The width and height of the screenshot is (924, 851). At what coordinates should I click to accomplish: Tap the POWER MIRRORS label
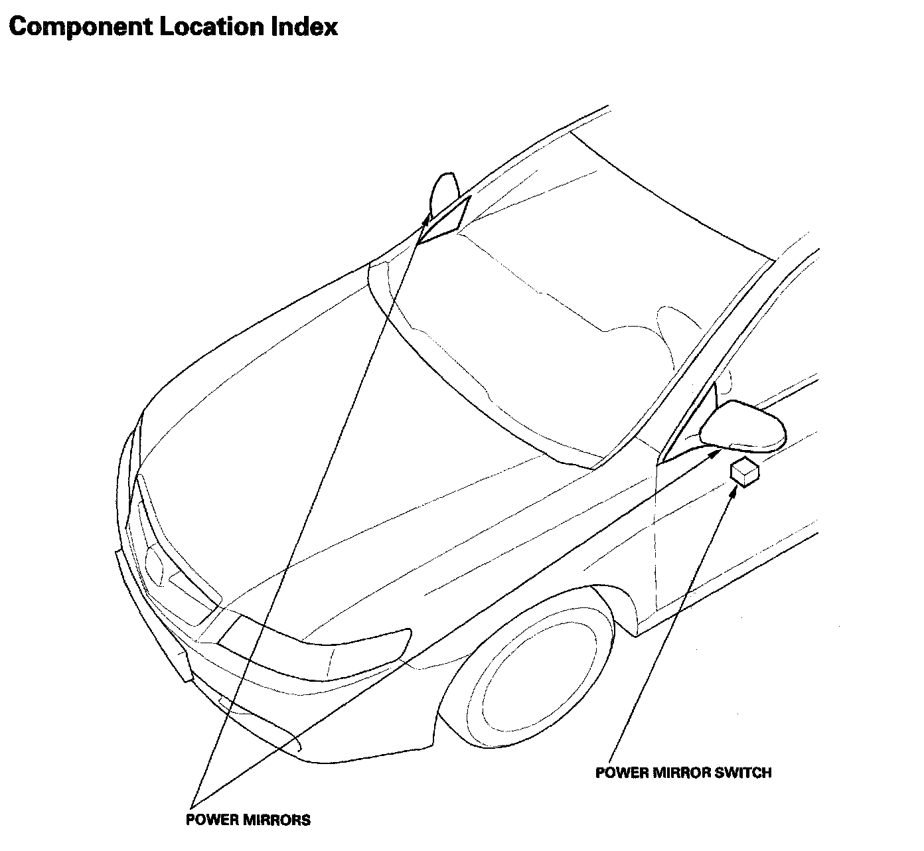click(248, 820)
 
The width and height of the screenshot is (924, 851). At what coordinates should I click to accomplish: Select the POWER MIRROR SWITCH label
click(683, 773)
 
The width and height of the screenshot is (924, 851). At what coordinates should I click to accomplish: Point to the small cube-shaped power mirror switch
click(743, 472)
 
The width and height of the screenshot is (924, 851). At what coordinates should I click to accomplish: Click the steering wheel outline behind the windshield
click(677, 332)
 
